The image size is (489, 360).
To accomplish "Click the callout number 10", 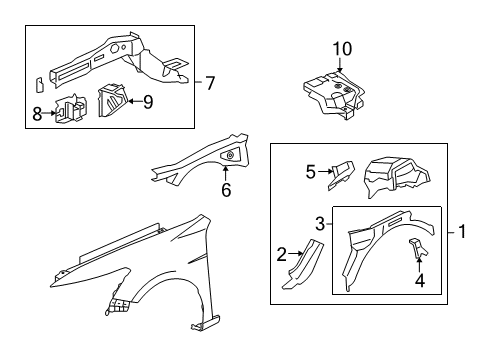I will tap(343, 48).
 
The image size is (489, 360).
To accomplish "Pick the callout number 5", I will tap(310, 172).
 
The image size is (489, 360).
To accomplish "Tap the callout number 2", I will tap(281, 255).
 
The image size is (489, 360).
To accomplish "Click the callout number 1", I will tap(463, 232).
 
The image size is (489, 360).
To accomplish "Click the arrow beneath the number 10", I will tap(343, 67).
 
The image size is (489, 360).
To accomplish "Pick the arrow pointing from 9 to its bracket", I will tap(132, 102).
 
